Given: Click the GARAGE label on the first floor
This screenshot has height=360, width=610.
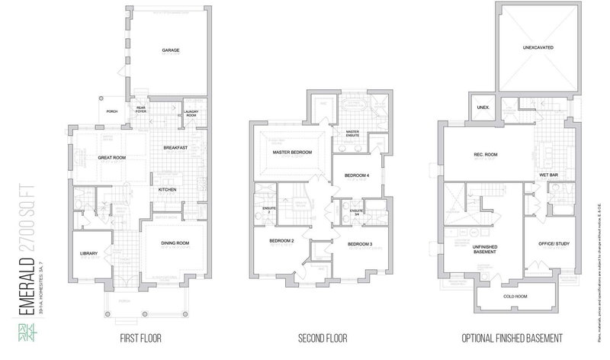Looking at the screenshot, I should [170, 51].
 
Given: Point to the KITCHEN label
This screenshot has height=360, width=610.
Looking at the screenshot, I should [168, 189].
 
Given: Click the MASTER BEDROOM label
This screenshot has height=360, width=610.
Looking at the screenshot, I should [293, 153].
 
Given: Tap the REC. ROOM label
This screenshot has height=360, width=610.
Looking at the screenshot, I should [486, 156].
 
